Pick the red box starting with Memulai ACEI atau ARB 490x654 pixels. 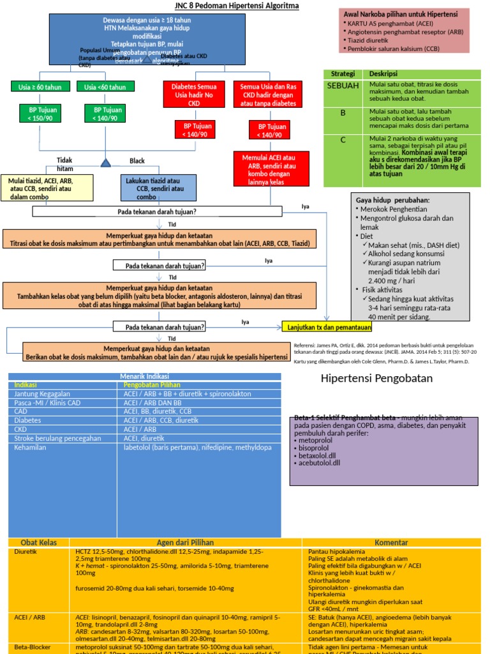tap(271, 169)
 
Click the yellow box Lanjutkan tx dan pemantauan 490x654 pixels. tap(327, 327)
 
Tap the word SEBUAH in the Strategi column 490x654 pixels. tap(343, 86)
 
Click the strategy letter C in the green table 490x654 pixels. tap(343, 140)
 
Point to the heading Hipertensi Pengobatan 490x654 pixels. tap(376, 379)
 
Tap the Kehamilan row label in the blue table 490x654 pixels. tap(33, 448)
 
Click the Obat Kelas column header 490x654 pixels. tap(40, 542)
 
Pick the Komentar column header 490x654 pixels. tap(391, 542)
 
